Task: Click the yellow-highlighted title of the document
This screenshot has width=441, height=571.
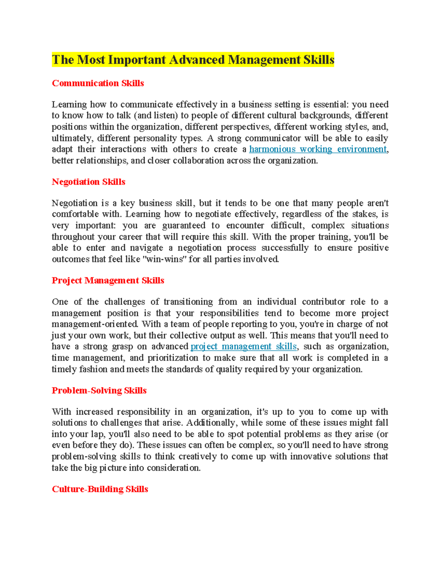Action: (x=193, y=60)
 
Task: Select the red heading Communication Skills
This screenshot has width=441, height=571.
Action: (x=98, y=83)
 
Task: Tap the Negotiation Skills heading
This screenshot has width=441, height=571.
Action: (x=89, y=182)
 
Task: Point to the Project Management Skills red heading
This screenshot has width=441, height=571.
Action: (x=108, y=280)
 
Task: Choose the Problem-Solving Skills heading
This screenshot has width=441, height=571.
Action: (x=99, y=390)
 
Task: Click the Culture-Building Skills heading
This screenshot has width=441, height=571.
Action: (x=100, y=489)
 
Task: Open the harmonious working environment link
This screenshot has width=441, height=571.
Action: (x=318, y=149)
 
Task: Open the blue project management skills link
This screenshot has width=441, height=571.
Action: (x=243, y=346)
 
